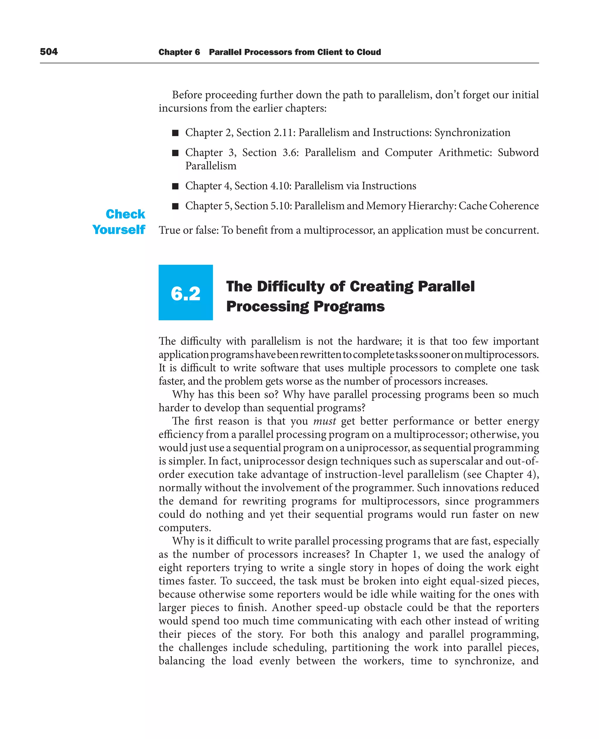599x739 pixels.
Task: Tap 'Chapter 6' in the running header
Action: point(179,52)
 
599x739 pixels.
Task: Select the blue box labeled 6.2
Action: point(186,292)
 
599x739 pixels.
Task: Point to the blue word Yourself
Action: point(119,230)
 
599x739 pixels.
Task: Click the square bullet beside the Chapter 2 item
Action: point(175,133)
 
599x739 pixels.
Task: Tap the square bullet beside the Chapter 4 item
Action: point(175,186)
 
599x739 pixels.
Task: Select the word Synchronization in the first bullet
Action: point(472,133)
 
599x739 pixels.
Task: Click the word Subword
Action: point(518,152)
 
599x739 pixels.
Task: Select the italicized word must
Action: point(324,421)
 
